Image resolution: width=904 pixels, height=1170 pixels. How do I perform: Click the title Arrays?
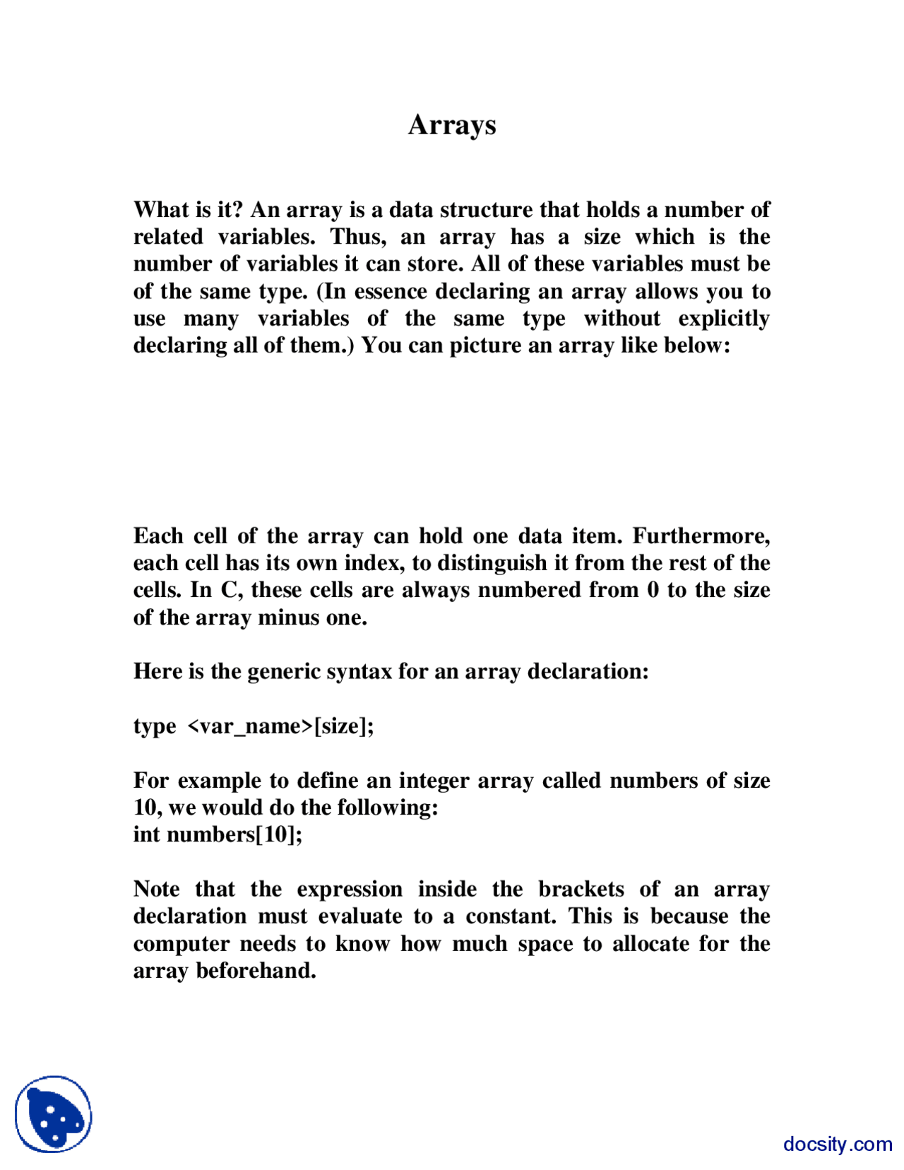click(452, 125)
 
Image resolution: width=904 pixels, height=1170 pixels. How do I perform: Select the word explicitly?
click(723, 319)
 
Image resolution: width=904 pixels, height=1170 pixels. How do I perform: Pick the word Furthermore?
click(701, 536)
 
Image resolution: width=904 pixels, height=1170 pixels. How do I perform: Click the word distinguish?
click(503, 563)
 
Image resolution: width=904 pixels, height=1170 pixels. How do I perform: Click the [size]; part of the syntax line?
click(344, 726)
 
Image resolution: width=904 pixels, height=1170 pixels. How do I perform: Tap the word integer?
click(434, 781)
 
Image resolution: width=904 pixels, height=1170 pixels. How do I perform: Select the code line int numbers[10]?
click(218, 834)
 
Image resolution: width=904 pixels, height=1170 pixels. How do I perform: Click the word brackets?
click(581, 889)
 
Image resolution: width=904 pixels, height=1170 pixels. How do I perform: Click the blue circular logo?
click(54, 1114)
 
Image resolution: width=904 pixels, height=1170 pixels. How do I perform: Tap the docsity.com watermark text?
click(837, 1144)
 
